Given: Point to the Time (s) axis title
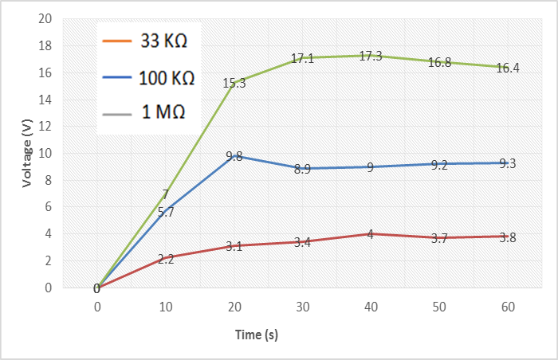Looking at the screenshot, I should tap(256, 335).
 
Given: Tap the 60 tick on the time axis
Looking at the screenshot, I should tap(508, 307).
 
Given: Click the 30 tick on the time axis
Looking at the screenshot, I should tap(302, 307).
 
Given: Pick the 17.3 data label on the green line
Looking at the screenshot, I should tap(371, 56).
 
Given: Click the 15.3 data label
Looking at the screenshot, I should tap(234, 83).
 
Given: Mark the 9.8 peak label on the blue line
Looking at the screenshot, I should tap(234, 157).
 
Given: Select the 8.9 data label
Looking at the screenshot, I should tap(302, 169).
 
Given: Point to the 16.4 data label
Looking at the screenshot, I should tap(508, 68).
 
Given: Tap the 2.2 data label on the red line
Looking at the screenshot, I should tap(165, 259).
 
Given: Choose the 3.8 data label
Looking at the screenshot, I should tap(508, 237).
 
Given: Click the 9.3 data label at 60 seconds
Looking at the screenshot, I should tap(508, 163).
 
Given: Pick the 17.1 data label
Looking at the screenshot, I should tap(302, 59).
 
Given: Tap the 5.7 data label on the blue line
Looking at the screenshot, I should tap(165, 212).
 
